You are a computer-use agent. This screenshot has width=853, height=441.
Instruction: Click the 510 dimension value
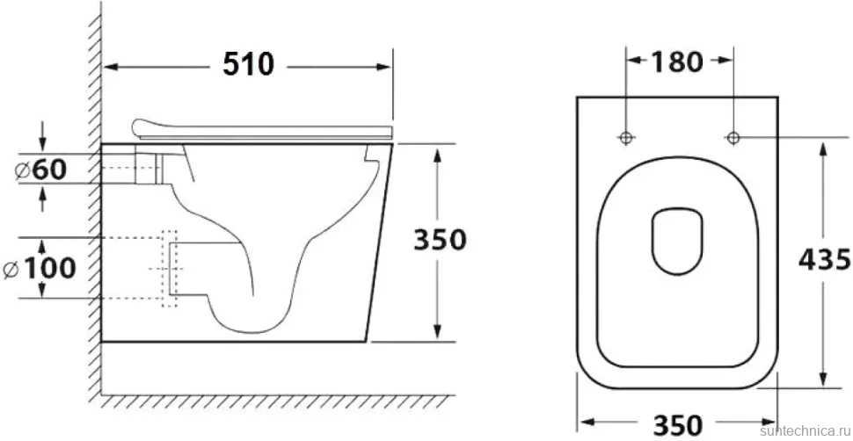[249, 64]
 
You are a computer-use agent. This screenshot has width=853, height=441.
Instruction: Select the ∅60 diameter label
[41, 170]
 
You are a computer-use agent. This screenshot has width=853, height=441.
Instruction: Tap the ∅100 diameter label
[40, 268]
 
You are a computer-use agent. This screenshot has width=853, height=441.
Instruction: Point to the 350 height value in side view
[440, 239]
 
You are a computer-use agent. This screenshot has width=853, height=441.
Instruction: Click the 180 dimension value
[677, 62]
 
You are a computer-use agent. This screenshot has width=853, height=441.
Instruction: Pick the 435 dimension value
[824, 259]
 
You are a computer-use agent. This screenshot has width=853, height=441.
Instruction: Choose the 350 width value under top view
[678, 424]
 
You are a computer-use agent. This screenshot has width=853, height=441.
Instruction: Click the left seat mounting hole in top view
[626, 137]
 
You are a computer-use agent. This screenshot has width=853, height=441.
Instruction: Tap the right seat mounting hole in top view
[733, 137]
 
